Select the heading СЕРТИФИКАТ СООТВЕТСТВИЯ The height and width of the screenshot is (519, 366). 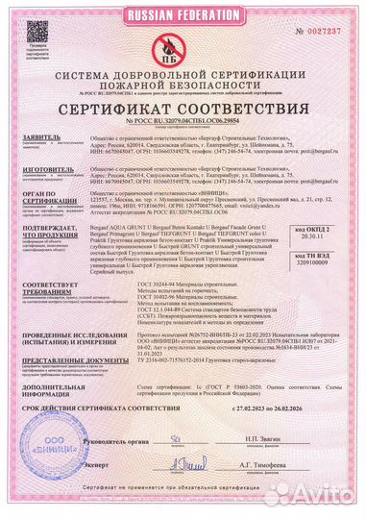pyautogui.click(x=183, y=109)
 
